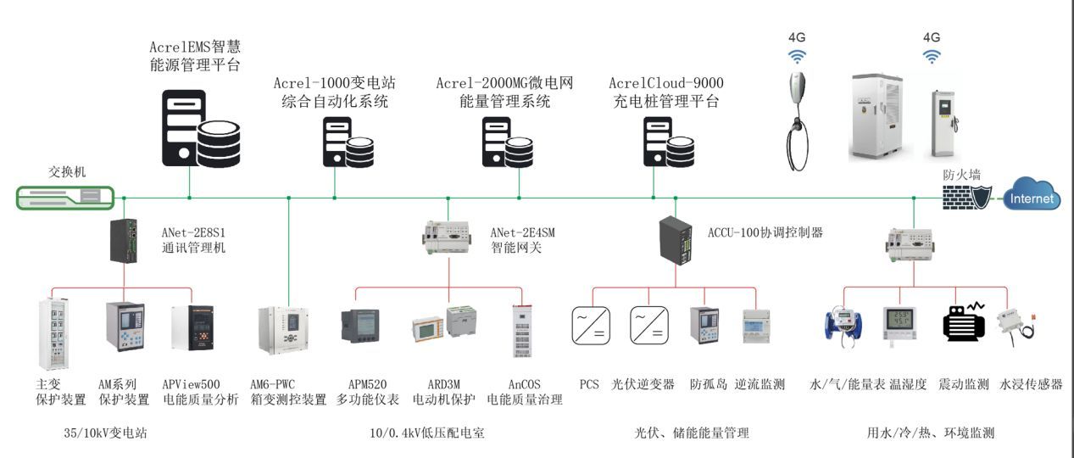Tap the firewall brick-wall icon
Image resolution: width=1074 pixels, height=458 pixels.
(x=964, y=198)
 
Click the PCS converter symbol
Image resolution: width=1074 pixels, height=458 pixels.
(x=590, y=327)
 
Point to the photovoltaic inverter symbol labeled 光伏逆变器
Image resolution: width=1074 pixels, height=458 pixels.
(x=649, y=327)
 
